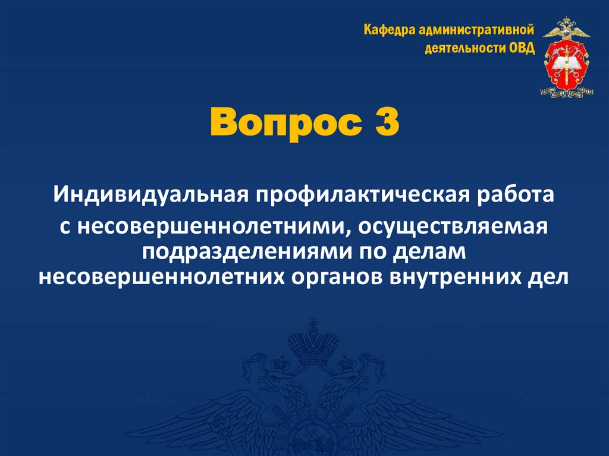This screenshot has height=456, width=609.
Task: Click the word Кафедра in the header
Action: pos(388,30)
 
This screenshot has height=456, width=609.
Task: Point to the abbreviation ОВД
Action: pos(522,48)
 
